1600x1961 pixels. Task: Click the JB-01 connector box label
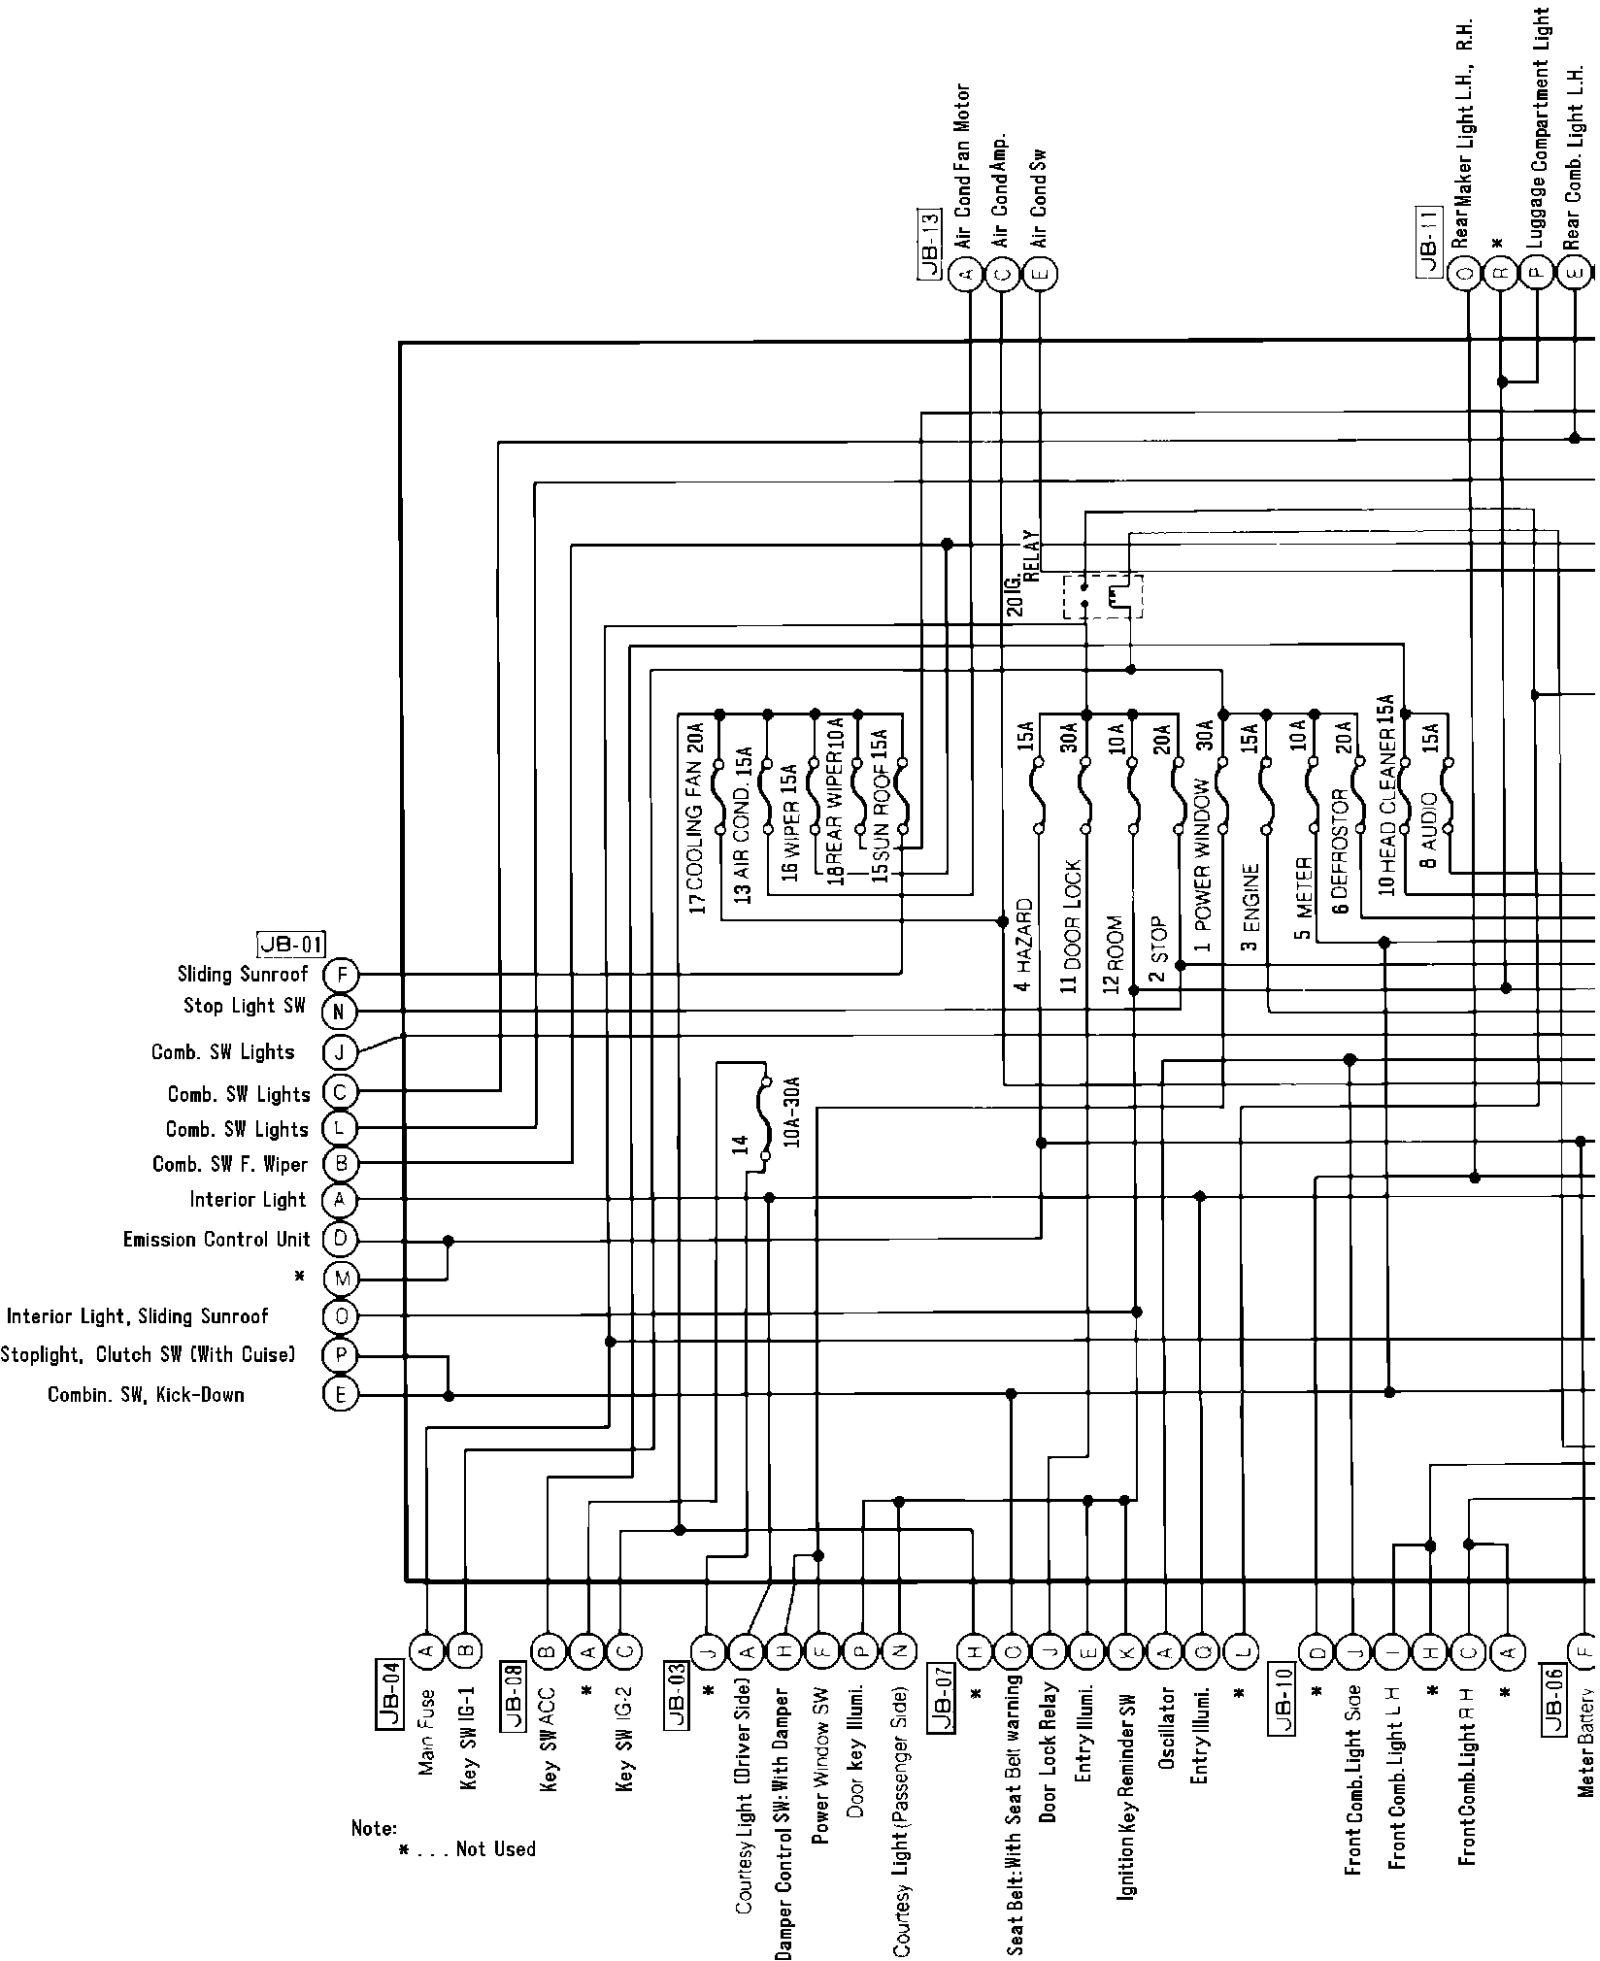click(291, 944)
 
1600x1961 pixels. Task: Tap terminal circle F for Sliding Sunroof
click(340, 974)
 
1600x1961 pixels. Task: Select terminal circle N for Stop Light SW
click(340, 1012)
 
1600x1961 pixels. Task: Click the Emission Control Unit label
click(217, 1240)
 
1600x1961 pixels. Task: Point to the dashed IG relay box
click(1102, 595)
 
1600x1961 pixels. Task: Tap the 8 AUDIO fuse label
click(1429, 844)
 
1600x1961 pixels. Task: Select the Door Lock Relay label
click(1049, 1737)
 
